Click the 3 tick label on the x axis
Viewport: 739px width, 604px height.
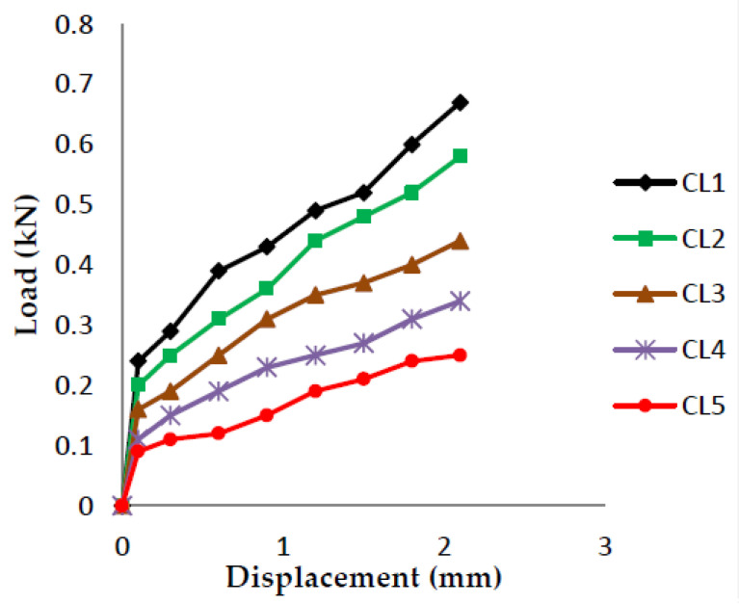605,546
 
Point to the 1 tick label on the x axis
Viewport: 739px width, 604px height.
282,546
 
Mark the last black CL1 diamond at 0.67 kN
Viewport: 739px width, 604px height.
460,102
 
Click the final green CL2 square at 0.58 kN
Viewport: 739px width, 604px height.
460,156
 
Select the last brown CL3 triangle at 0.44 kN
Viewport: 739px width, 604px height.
460,241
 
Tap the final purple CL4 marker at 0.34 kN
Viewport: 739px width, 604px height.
460,301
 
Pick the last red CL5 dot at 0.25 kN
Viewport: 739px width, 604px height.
460,355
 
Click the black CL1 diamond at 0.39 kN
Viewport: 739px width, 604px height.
219,271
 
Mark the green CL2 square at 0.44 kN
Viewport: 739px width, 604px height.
315,241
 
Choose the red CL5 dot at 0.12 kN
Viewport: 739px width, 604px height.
219,433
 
